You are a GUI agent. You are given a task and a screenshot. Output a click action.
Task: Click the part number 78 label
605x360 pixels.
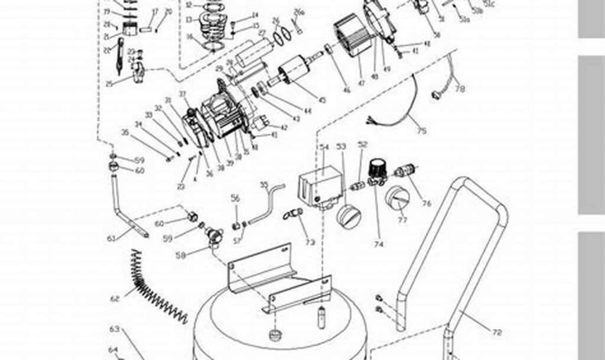460,89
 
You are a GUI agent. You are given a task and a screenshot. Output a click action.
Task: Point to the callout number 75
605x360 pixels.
421,131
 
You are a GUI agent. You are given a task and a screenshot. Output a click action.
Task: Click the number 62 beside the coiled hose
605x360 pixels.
115,299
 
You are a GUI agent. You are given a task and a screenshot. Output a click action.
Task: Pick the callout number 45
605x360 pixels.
322,100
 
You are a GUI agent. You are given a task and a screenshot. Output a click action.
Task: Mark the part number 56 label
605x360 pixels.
235,199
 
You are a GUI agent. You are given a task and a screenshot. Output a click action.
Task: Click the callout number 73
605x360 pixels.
310,242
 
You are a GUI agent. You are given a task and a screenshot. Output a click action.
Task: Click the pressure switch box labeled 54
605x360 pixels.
321,183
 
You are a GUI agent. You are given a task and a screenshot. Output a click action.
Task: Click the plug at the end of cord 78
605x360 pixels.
438,93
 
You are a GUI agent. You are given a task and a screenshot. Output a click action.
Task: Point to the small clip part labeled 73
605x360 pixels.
293,212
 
